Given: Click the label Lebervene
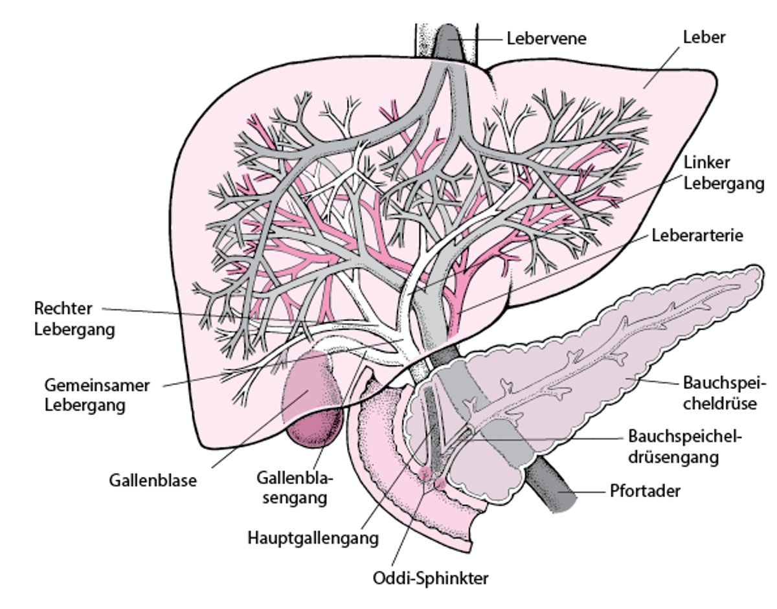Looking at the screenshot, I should tap(546, 38).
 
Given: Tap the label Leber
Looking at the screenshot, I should tap(704, 37).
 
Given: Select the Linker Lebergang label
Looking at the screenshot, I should tap(724, 173).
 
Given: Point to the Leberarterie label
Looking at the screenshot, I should tap(697, 235).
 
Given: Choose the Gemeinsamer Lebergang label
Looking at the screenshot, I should tap(97, 395).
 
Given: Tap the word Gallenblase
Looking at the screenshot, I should tap(153, 481).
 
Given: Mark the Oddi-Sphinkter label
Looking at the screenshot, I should tap(431, 577).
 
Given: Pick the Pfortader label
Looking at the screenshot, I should tap(645, 491).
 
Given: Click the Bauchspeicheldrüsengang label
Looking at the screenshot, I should tap(684, 446).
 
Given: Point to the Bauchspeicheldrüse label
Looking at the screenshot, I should tap(724, 393).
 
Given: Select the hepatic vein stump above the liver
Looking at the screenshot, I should tap(447, 42).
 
